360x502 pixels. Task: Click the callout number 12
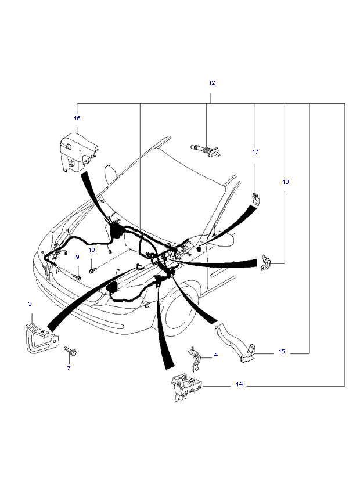point(212,83)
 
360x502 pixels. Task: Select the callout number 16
point(77,118)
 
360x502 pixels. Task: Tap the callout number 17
point(255,151)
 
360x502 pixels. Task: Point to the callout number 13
point(285,182)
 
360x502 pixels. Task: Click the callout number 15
point(282,352)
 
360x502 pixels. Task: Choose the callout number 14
point(239,384)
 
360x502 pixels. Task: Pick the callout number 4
point(216,355)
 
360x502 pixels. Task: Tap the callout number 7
point(69,368)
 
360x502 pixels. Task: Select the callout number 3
point(30,304)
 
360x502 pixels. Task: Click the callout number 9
point(77,257)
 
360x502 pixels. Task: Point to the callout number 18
point(92,250)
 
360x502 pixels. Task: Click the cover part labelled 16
point(78,153)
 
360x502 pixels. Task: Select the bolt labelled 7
point(70,351)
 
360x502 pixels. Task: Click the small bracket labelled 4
point(195,360)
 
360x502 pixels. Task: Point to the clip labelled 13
point(266,262)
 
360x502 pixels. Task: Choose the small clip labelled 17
point(256,199)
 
